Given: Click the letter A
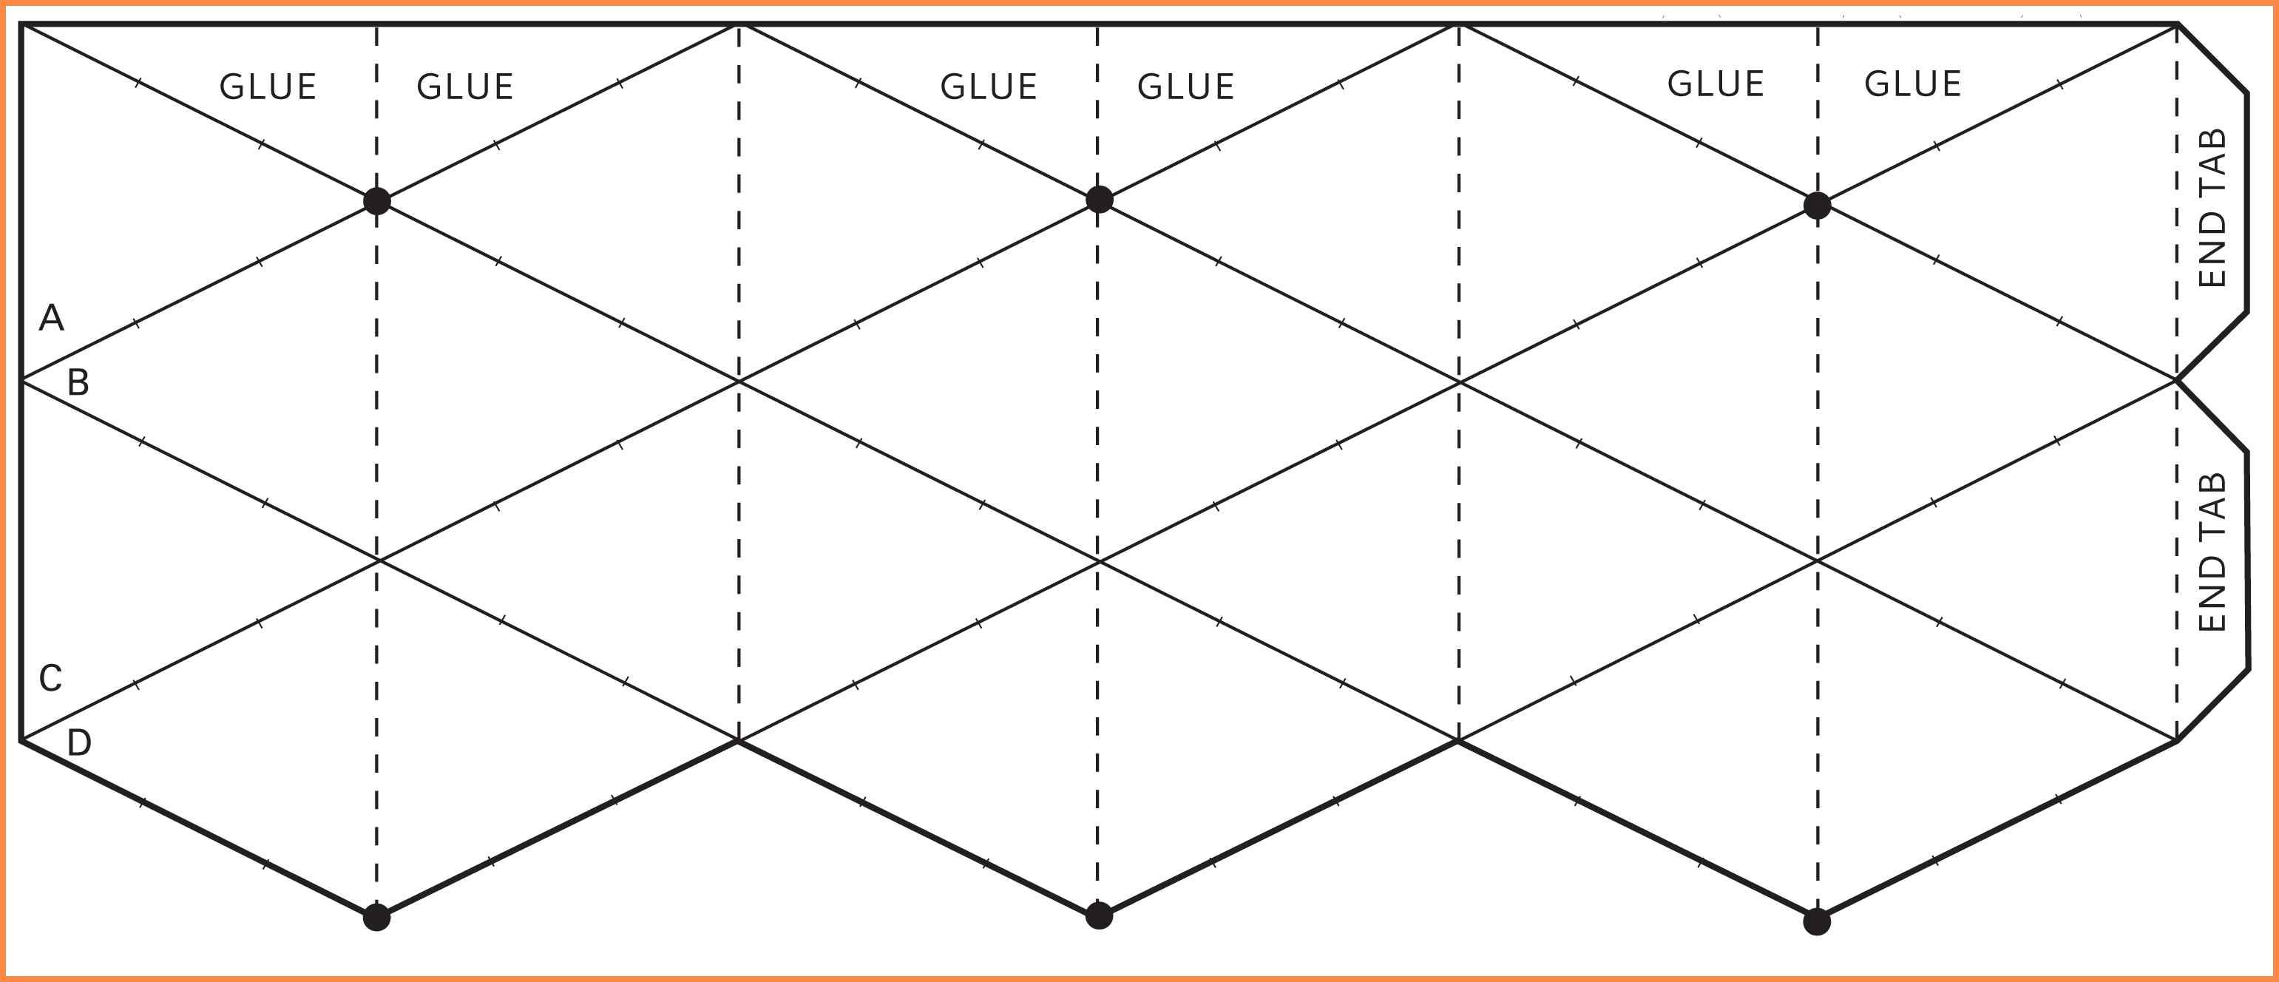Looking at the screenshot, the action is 51,318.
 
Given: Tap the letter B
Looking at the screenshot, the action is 78,382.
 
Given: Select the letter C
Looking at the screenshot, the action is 50,679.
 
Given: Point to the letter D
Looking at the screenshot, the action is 78,742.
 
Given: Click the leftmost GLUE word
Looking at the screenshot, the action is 268,87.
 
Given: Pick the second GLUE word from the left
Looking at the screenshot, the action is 465,87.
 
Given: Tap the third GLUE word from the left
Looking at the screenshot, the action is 988,87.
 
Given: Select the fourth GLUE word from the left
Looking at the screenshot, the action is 1185,87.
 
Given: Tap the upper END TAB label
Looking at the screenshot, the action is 2212,208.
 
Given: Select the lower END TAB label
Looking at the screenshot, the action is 2212,552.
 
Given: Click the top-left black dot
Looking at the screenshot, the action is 377,202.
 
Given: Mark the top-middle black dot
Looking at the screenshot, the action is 1099,200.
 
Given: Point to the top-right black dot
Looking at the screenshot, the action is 1817,206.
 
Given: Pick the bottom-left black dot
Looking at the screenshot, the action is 377,918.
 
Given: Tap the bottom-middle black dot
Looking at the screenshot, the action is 1099,916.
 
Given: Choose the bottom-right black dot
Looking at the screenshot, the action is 1817,922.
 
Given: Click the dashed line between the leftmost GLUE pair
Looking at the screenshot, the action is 377,106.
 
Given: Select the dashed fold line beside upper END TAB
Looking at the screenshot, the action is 2177,202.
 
